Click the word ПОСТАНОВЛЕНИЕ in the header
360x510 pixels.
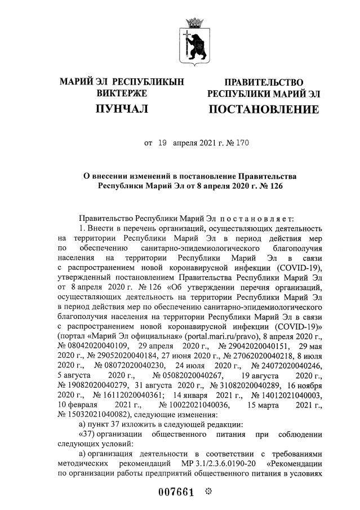[x=264, y=109]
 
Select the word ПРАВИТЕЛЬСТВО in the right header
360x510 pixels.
[x=264, y=83]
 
